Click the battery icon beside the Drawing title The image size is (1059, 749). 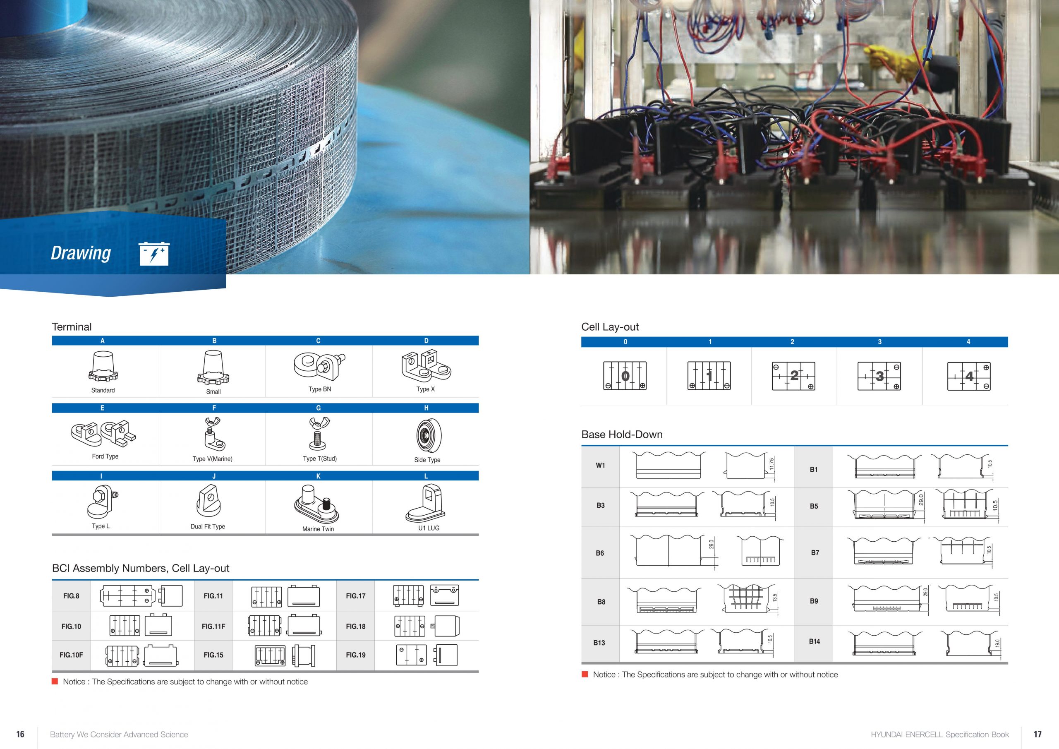(x=154, y=254)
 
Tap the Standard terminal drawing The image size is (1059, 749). (x=103, y=367)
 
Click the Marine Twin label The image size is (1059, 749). (x=318, y=529)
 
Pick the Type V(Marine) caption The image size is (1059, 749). (x=212, y=459)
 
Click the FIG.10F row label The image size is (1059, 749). (x=71, y=655)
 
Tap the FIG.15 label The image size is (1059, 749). (x=213, y=655)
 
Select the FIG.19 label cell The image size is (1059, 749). (x=356, y=655)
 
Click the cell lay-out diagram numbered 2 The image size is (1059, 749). (x=793, y=376)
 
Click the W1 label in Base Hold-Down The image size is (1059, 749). (x=600, y=465)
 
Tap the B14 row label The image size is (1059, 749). (x=814, y=641)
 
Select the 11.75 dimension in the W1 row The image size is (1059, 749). (x=771, y=464)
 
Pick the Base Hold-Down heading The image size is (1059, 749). (x=622, y=434)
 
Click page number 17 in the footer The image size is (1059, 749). (x=1037, y=734)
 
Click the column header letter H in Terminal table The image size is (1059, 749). (x=426, y=408)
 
